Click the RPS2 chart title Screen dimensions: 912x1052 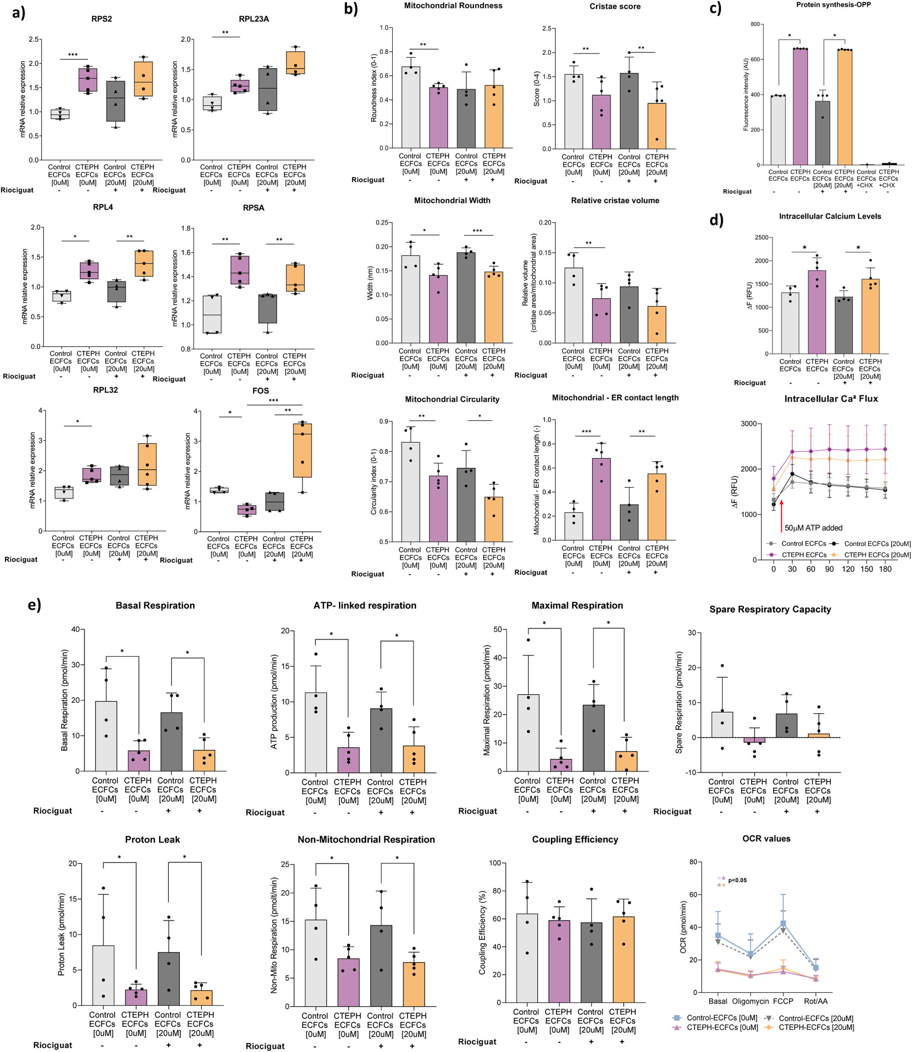pos(102,19)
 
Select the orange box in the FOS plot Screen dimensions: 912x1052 pos(303,450)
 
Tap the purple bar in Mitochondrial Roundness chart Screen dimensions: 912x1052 pos(438,118)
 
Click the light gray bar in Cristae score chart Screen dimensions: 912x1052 pos(573,112)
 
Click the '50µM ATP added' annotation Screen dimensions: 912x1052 pos(813,528)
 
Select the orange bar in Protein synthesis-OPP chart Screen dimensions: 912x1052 pos(844,107)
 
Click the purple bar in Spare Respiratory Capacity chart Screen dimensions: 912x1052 pos(754,740)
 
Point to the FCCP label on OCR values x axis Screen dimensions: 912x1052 pos(783,1001)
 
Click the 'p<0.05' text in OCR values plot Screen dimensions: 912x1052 pos(737,880)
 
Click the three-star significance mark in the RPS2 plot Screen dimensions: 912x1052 pos(73,54)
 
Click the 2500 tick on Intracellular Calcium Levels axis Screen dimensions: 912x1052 pos(762,238)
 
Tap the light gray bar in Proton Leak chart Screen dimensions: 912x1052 pos(103,975)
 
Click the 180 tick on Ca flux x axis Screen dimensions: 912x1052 pos(885,569)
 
